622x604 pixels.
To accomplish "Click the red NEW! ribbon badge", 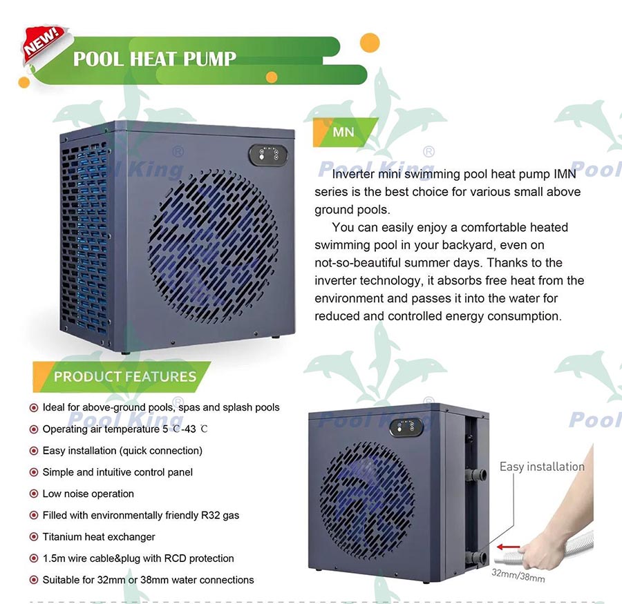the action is coord(44,43).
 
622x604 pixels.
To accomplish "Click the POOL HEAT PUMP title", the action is coord(155,59).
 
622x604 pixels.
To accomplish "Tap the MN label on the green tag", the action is coord(343,132).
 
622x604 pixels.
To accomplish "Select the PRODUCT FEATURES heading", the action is coord(125,376).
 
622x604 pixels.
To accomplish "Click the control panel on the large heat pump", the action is coord(268,155).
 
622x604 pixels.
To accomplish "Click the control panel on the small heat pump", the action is coord(406,427).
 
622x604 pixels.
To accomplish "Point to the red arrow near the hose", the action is coord(508,547).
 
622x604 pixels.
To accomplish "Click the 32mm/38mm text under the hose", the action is coord(518,576).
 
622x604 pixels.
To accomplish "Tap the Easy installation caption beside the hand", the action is coord(542,467).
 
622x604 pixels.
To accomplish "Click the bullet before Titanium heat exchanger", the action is coord(34,536).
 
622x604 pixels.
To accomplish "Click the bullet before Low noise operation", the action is coord(34,494).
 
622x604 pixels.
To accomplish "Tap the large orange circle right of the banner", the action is coord(370,43).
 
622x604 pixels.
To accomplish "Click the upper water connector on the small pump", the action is coord(476,474).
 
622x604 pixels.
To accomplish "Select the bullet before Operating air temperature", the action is coord(34,429).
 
